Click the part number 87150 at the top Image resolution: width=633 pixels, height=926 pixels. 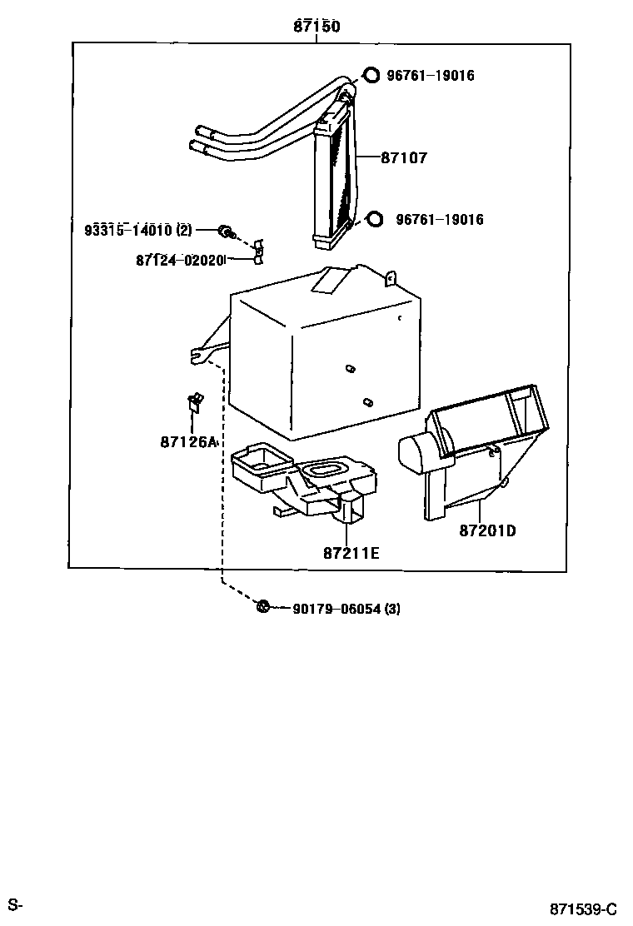316,27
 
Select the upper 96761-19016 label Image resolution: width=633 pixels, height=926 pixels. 430,76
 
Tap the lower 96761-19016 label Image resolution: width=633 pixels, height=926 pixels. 440,220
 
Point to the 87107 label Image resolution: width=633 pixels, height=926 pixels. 404,157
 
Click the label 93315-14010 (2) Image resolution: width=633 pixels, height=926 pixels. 137,230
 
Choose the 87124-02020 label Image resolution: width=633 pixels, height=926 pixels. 180,260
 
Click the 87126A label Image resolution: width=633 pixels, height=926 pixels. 188,441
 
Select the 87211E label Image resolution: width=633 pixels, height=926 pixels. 351,552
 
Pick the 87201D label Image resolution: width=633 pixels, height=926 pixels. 487,530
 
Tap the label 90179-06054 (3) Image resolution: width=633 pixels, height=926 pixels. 346,609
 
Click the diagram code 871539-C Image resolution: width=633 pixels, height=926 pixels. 582,908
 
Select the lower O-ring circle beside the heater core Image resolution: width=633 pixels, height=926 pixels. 375,219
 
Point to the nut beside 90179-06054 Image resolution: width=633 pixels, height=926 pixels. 262,607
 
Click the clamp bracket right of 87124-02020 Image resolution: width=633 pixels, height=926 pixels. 258,254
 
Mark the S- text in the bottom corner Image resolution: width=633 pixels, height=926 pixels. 16,904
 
